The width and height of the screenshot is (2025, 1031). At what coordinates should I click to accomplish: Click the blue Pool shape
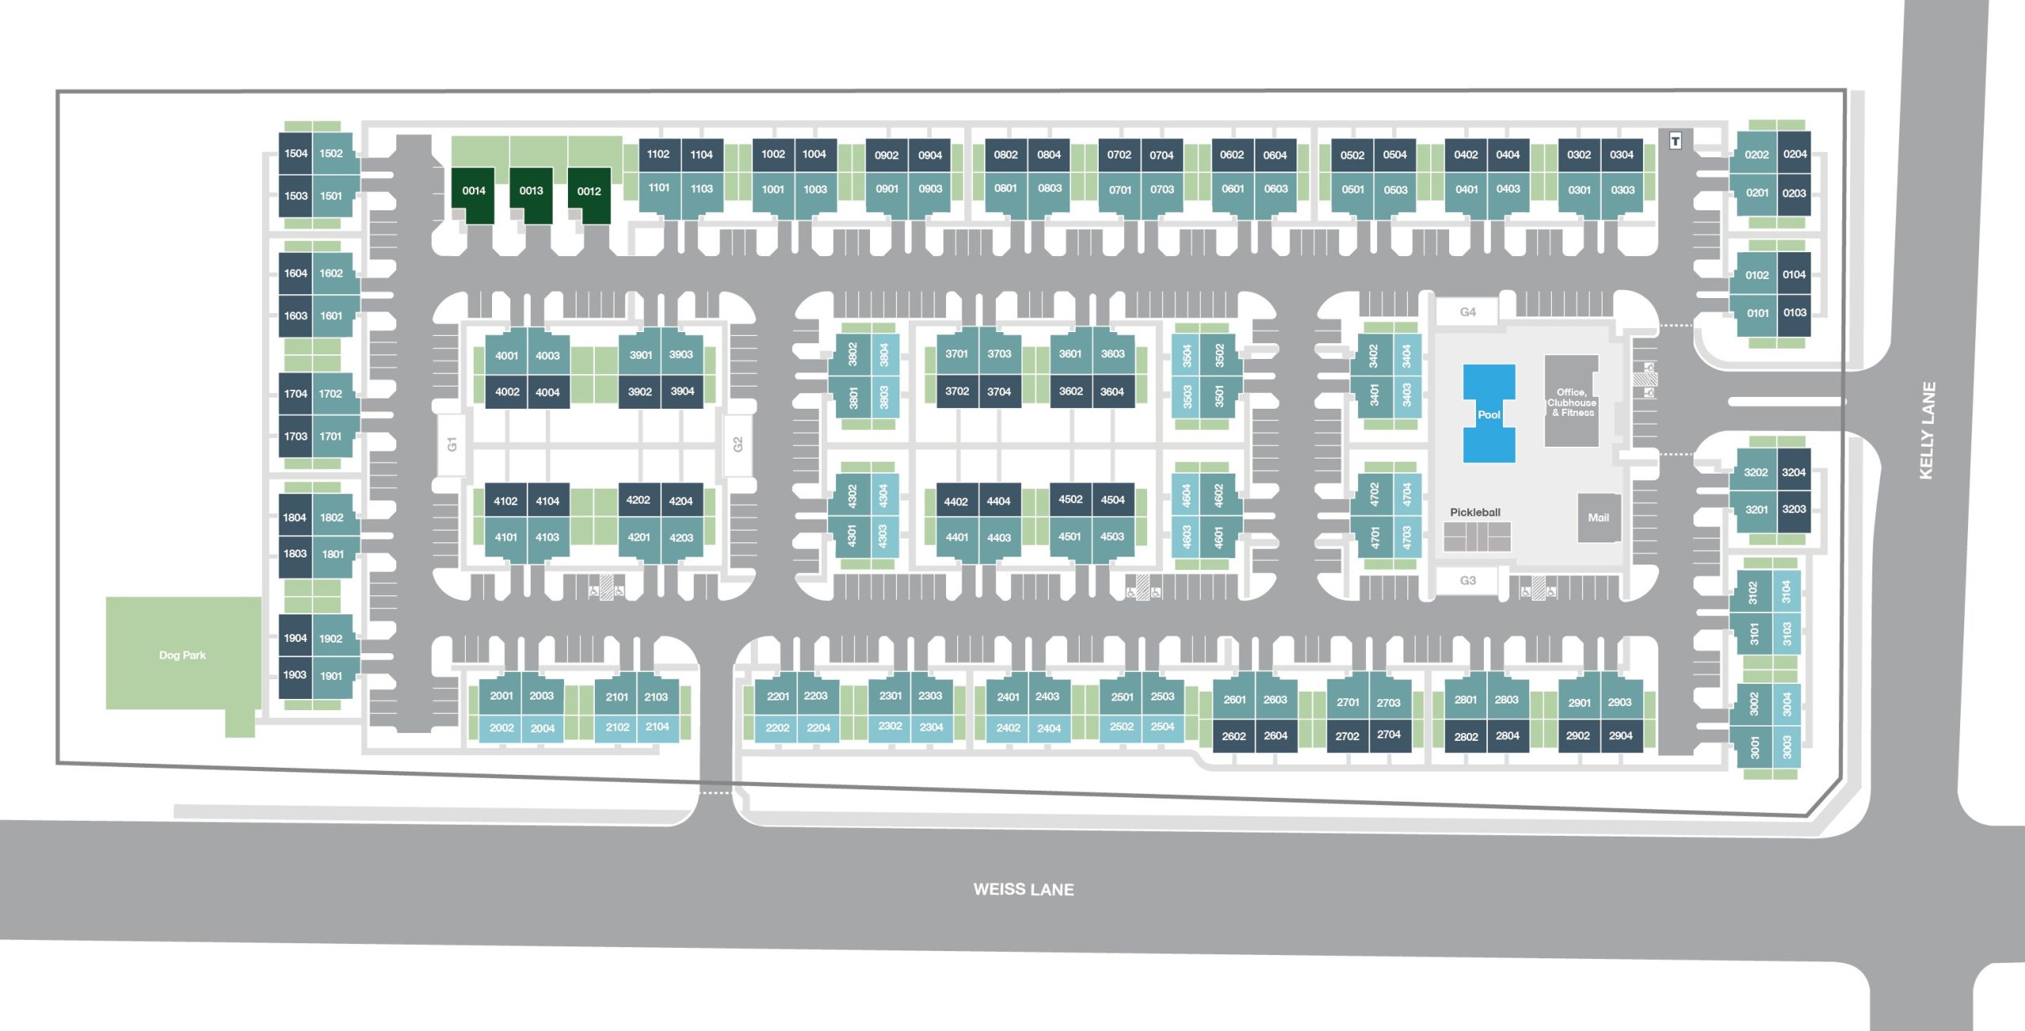[1489, 413]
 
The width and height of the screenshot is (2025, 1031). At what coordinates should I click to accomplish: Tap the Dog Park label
[182, 655]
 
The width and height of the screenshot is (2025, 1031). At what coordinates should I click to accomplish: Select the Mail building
[1599, 517]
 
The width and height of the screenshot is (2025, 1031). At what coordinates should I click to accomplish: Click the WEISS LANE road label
[1024, 889]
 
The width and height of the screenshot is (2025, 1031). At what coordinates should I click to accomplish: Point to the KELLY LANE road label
[1927, 430]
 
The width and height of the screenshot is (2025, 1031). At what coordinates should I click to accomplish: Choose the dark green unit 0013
[531, 194]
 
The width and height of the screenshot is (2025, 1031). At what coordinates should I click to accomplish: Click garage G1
[452, 444]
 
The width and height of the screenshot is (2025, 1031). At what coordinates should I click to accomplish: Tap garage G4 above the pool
[1468, 312]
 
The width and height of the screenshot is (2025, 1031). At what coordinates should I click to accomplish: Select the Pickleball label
[1475, 512]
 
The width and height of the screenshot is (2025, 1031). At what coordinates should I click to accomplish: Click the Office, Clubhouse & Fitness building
[1572, 402]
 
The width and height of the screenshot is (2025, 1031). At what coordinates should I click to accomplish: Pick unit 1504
[296, 153]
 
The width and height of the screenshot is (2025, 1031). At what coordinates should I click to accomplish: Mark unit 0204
[1794, 154]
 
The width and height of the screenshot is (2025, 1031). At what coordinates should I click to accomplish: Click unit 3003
[1787, 746]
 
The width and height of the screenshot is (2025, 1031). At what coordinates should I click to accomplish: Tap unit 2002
[502, 728]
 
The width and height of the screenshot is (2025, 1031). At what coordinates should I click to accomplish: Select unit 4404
[998, 501]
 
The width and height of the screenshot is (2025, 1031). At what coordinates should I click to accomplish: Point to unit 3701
[956, 353]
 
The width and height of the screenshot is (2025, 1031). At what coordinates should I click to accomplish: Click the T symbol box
[1675, 142]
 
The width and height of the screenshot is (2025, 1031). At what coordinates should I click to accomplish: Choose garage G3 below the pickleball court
[1468, 580]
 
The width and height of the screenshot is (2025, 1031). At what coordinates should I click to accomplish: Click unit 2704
[1388, 735]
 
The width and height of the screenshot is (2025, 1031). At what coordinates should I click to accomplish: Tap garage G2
[738, 444]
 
